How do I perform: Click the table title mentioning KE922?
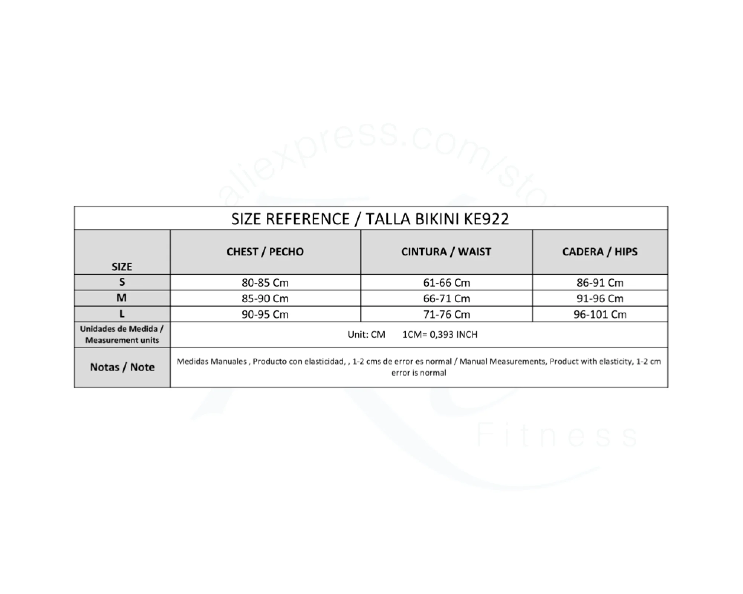[370, 219]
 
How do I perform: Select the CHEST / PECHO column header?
[265, 252]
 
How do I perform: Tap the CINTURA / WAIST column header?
[446, 252]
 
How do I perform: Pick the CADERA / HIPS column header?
[600, 252]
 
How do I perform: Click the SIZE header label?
[122, 267]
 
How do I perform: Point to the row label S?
[122, 282]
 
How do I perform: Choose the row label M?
[122, 298]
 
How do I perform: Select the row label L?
[122, 314]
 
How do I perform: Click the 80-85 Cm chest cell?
[265, 283]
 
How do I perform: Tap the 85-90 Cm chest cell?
[265, 298]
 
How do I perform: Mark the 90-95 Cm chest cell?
[265, 314]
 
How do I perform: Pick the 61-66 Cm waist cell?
[447, 283]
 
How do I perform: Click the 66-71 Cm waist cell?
[447, 298]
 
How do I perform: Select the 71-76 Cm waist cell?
[447, 314]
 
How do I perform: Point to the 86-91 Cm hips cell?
[600, 283]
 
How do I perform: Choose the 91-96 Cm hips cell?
[600, 298]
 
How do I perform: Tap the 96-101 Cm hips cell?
[600, 314]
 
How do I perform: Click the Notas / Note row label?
[122, 367]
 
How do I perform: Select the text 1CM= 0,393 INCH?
[440, 334]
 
